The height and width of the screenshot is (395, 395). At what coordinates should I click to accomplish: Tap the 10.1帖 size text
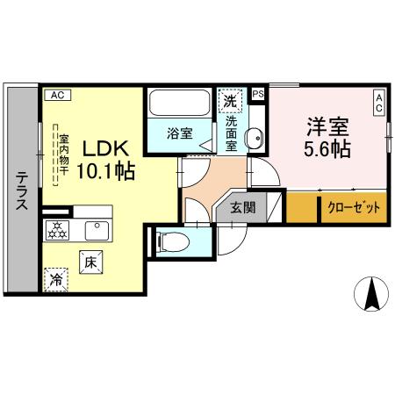(x=105, y=171)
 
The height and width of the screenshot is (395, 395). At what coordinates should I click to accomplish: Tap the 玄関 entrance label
(x=244, y=209)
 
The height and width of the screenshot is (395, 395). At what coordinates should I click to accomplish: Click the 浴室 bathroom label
(x=181, y=134)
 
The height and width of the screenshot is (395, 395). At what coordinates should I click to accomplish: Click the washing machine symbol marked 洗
(x=230, y=100)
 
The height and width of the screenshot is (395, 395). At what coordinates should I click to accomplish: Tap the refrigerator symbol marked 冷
(x=55, y=281)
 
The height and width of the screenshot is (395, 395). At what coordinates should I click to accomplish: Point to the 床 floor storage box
(x=90, y=261)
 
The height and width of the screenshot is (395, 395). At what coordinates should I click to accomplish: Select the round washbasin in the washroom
(x=254, y=138)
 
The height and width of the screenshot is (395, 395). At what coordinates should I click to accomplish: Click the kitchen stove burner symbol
(x=57, y=231)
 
